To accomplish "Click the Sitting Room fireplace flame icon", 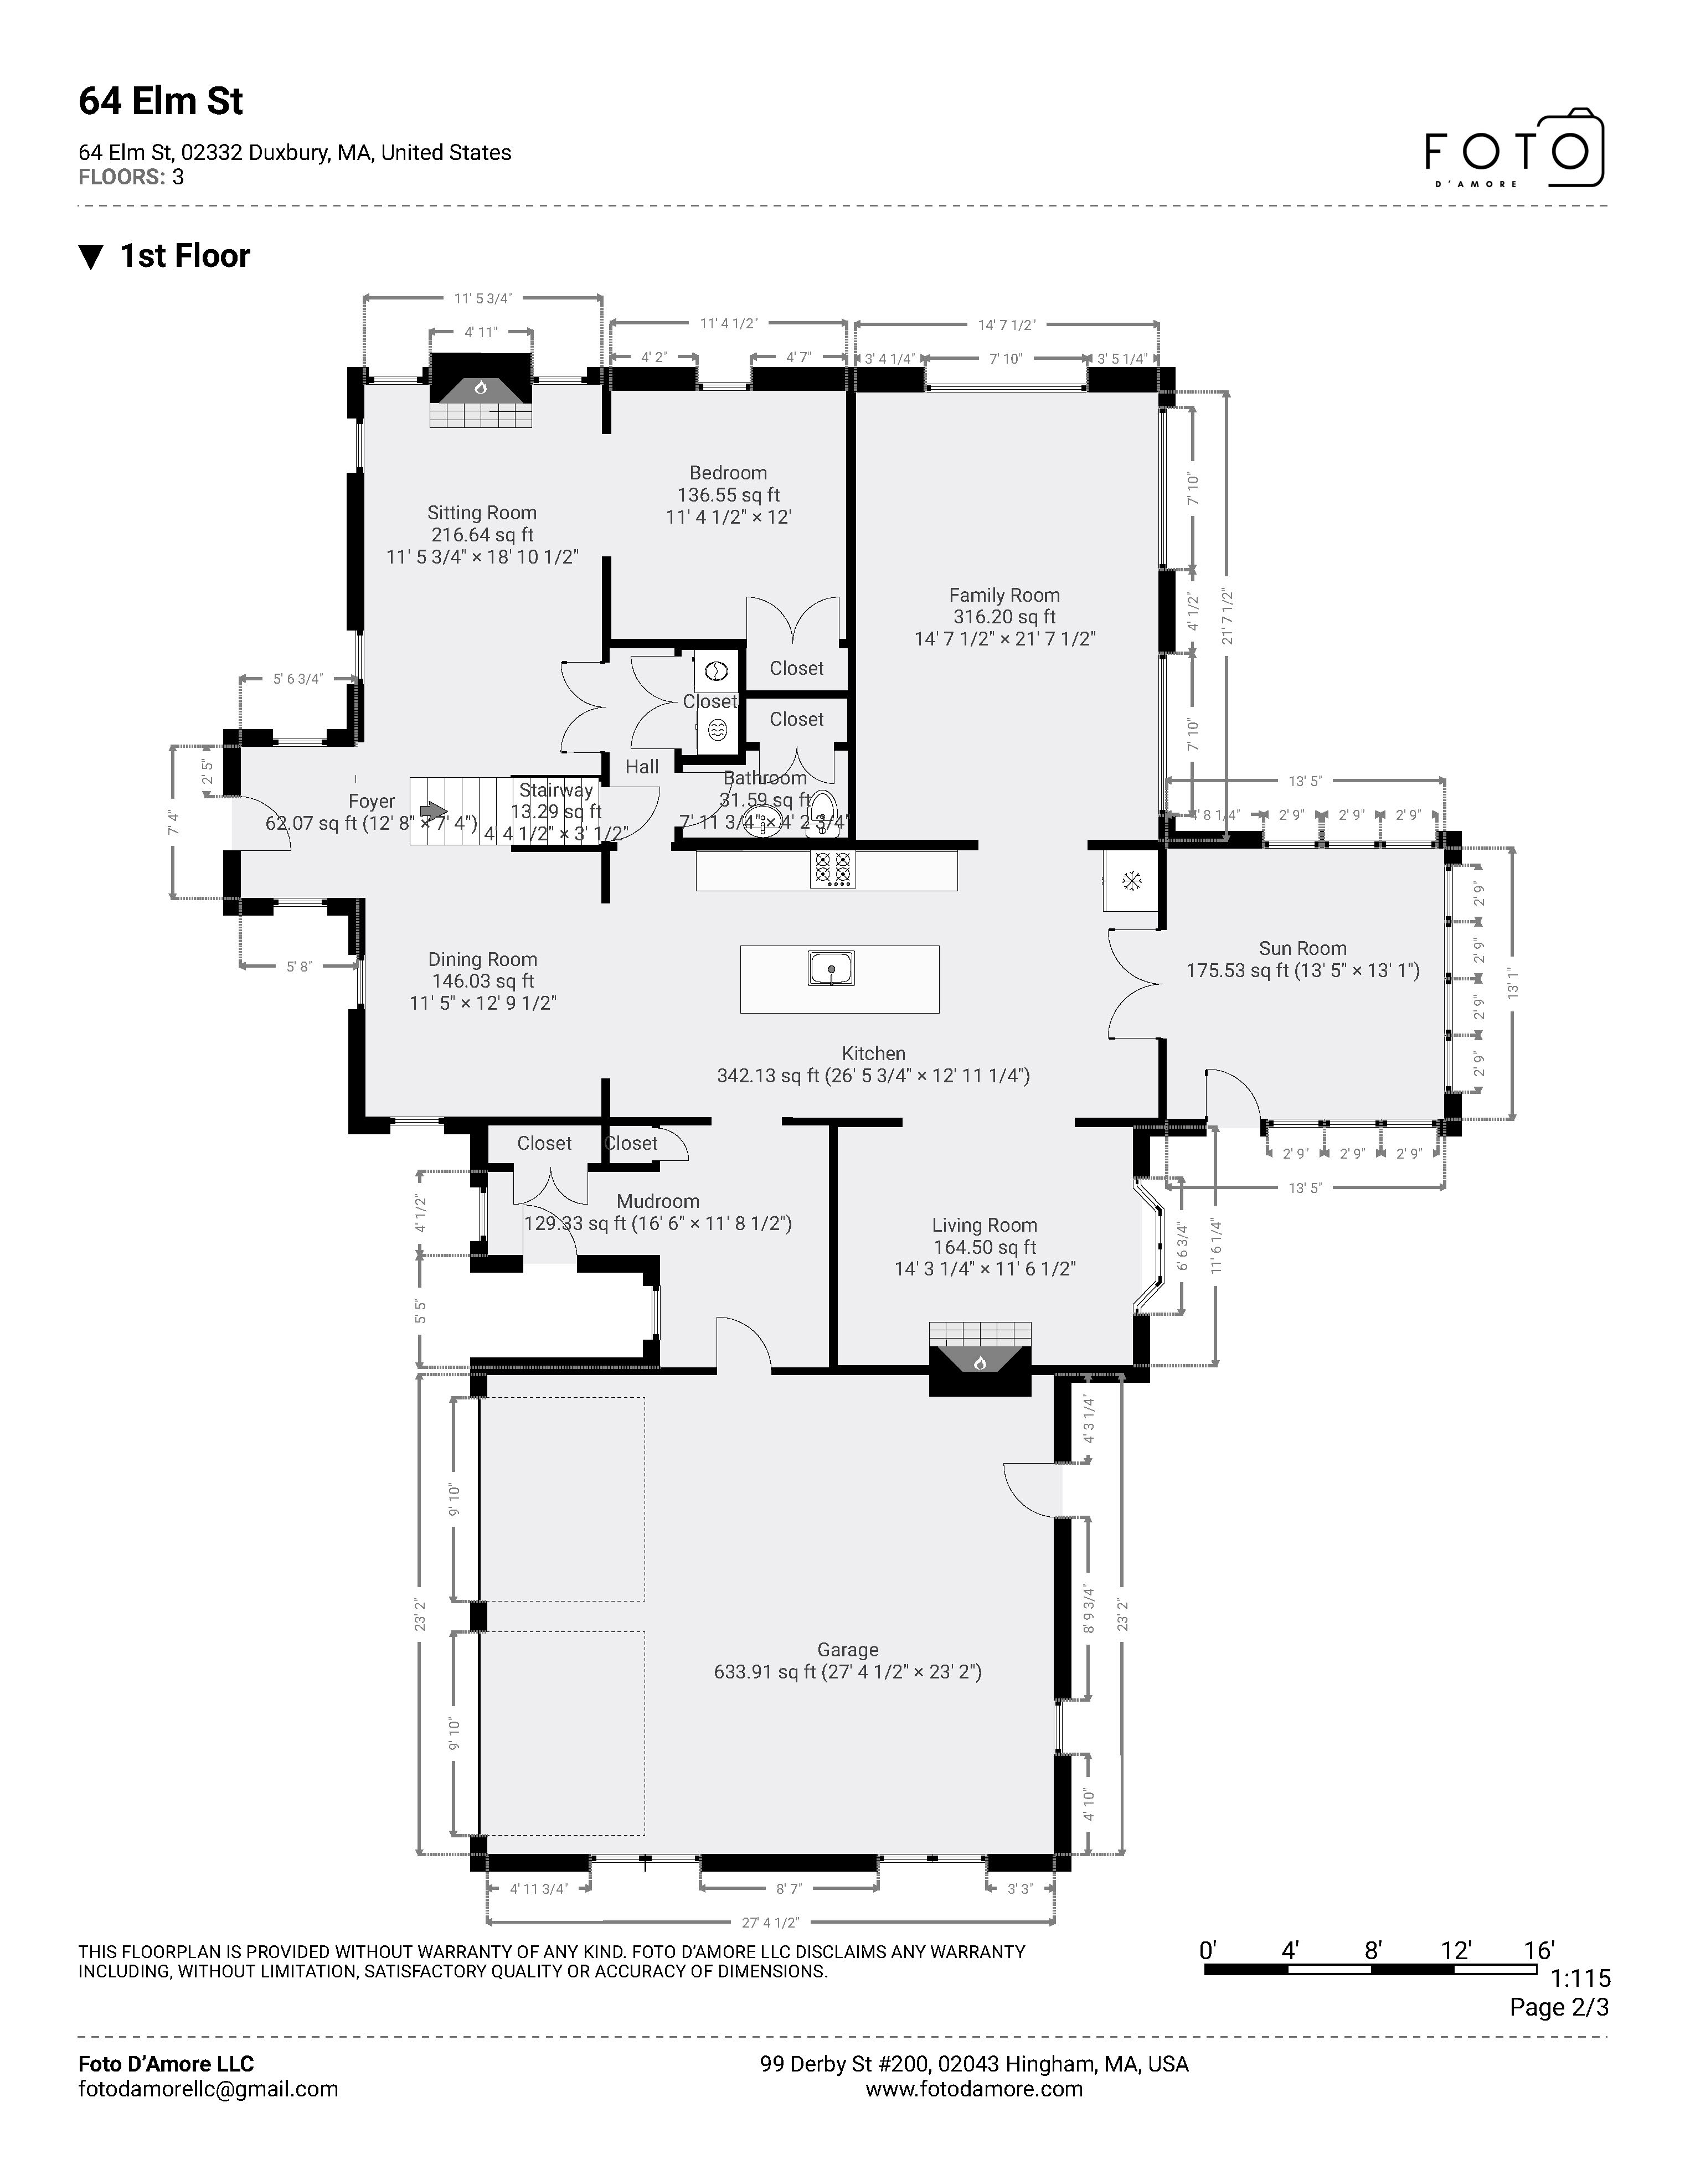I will (480, 388).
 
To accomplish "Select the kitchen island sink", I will (831, 968).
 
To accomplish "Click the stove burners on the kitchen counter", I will (832, 869).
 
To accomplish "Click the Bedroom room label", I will (728, 473).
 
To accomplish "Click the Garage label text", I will (848, 1650).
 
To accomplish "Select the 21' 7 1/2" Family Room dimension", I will (1227, 617).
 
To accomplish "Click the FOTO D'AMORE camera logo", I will (1513, 149).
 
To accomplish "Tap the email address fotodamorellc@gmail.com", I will (208, 2089).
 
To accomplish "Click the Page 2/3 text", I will (1558, 2007).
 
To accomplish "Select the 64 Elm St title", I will (161, 102).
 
